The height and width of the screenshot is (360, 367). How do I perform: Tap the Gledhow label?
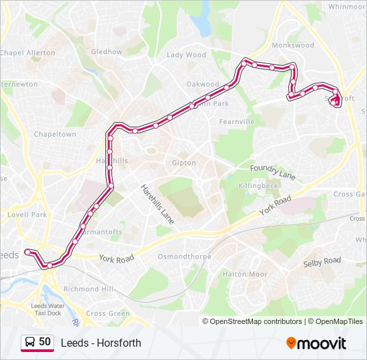pos(107,51)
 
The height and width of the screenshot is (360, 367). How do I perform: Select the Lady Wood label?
pos(186,55)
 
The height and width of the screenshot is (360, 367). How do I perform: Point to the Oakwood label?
pos(203,84)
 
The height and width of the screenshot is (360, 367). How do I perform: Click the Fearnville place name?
pos(237,122)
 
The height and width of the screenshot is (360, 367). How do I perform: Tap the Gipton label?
pos(184,163)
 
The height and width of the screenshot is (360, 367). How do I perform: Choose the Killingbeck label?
pos(258,186)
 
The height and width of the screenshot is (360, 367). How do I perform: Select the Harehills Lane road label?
pos(157,203)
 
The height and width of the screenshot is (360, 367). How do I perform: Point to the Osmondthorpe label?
pos(184,257)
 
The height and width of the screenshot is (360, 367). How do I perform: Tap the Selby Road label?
pos(322,261)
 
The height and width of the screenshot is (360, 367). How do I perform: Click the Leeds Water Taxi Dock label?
pos(46,309)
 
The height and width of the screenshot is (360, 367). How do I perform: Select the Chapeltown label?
pos(55,134)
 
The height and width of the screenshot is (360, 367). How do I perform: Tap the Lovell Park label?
pos(27,215)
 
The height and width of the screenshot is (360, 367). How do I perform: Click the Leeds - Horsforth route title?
pos(101,343)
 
